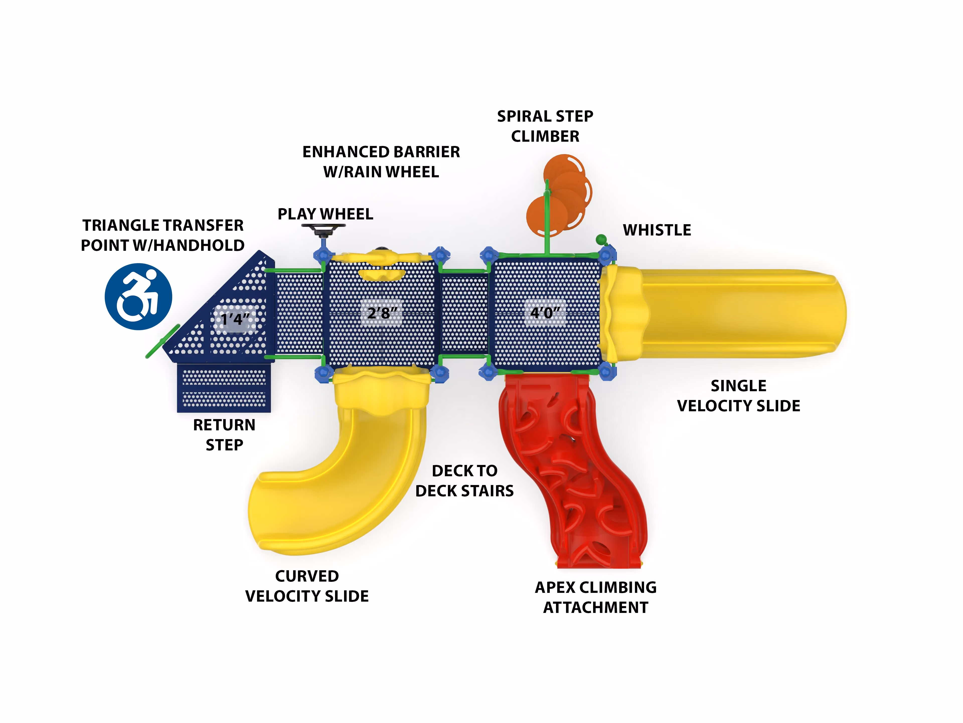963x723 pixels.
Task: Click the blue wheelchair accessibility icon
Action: [x=138, y=296]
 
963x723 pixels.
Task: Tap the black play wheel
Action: [x=324, y=227]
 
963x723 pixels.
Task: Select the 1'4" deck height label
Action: [x=235, y=319]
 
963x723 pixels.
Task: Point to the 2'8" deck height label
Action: [x=382, y=312]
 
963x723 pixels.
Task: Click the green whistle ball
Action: [x=601, y=239]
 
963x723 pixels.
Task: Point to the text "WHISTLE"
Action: [x=657, y=230]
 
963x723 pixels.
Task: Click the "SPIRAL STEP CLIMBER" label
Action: [x=545, y=126]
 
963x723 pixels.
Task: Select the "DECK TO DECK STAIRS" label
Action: [x=464, y=480]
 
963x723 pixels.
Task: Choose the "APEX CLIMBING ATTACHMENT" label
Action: [x=596, y=597]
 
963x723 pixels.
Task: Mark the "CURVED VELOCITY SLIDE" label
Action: [x=307, y=586]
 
